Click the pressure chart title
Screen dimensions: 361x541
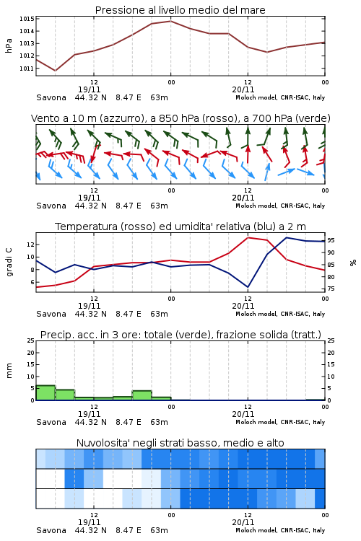click(180, 10)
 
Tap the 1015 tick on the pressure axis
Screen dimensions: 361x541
click(27, 19)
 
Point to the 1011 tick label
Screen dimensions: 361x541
click(27, 69)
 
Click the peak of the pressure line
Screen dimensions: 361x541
click(170, 21)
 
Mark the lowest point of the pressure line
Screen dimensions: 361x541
click(56, 71)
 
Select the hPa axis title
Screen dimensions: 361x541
click(9, 45)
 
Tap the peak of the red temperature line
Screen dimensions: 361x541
click(248, 237)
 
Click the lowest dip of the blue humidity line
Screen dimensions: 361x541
click(248, 287)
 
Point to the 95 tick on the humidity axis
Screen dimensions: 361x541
click(331, 240)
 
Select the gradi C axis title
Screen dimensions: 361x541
click(9, 263)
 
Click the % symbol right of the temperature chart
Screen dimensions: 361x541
click(353, 263)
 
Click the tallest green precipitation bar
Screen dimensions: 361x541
click(45, 392)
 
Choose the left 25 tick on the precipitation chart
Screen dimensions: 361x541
click(31, 340)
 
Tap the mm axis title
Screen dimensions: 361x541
click(9, 371)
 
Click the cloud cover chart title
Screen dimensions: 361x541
click(180, 443)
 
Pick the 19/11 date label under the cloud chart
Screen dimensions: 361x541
click(90, 522)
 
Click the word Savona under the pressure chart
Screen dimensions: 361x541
click(51, 97)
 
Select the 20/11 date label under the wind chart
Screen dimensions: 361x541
click(243, 198)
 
